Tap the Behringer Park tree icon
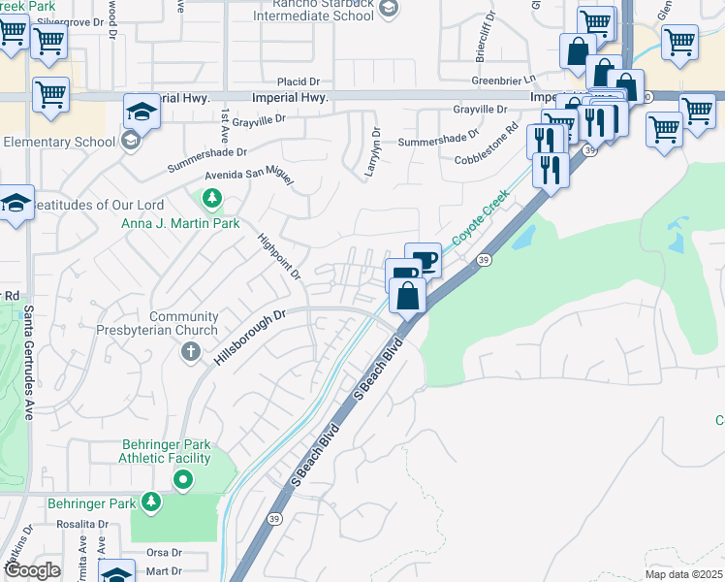click(x=150, y=501)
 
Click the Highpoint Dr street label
click(x=279, y=257)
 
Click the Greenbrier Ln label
click(x=504, y=81)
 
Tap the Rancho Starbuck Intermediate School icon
click(x=389, y=9)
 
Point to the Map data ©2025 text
click(x=683, y=574)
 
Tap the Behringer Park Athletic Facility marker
click(x=183, y=478)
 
